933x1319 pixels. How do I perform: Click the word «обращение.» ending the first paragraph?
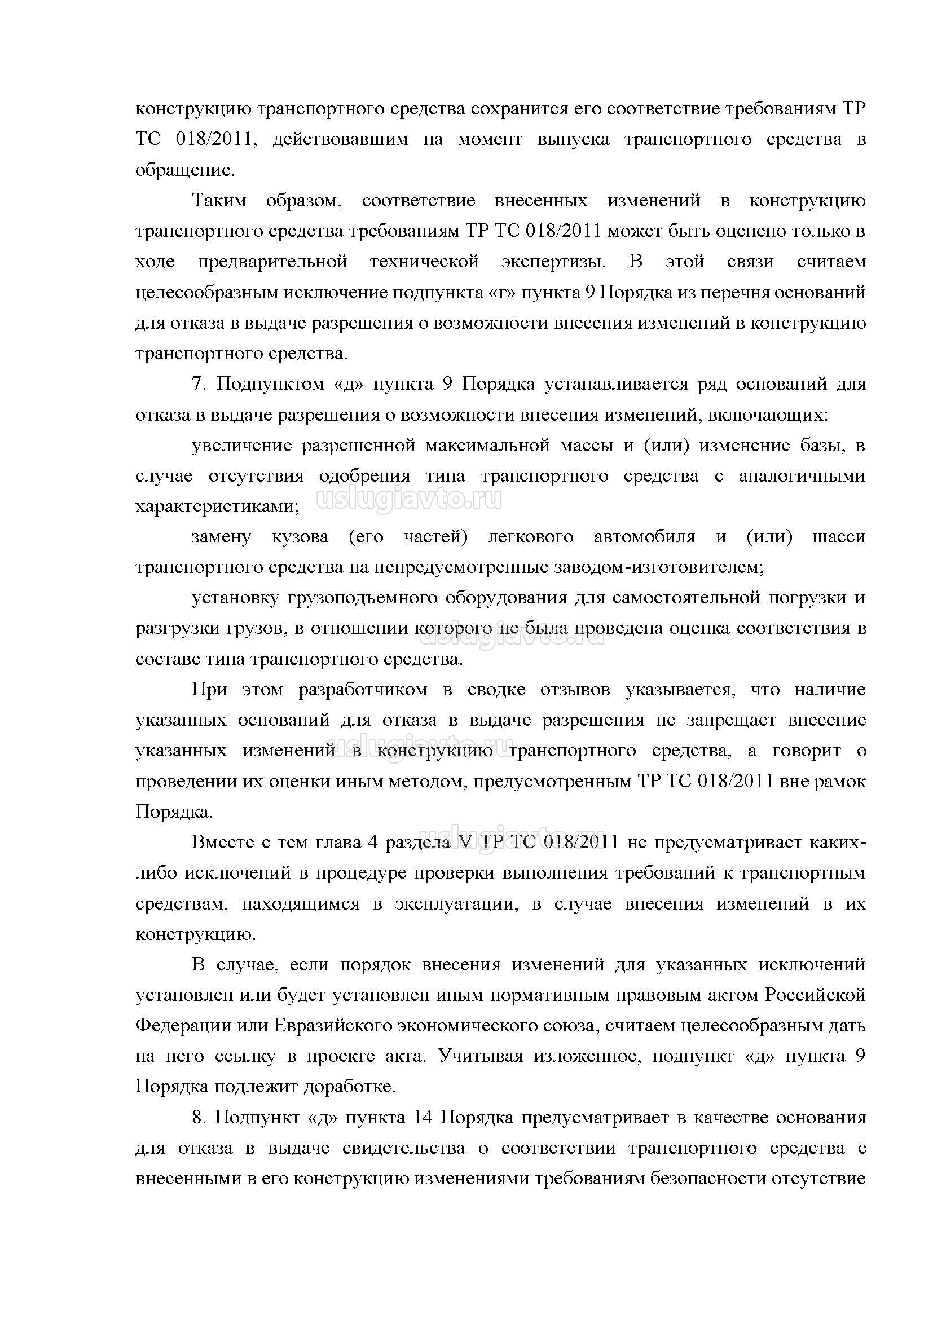pos(185,171)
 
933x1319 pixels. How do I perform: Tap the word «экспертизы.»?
pos(553,262)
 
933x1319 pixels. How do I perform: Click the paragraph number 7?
pos(199,384)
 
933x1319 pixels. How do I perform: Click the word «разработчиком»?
pos(363,690)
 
